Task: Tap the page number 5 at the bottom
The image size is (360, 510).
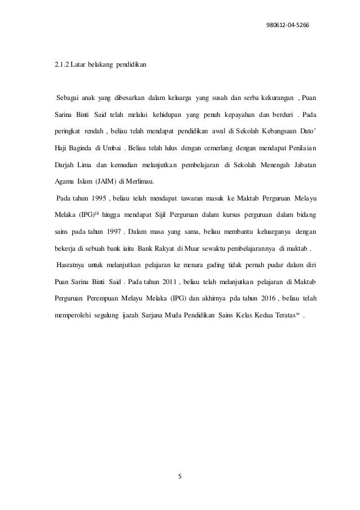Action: [x=180, y=474]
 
